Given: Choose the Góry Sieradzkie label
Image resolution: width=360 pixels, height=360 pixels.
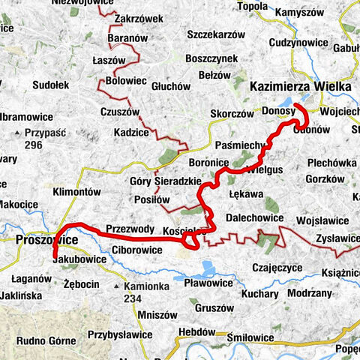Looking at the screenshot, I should click(x=166, y=181).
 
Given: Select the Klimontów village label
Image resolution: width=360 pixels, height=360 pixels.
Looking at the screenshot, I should click(x=76, y=192).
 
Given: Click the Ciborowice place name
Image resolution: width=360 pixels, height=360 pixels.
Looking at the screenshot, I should click(x=137, y=248).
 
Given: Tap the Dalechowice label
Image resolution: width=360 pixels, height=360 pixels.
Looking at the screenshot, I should click(x=255, y=217).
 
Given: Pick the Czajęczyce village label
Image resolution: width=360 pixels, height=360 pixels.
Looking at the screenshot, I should click(x=277, y=266).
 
